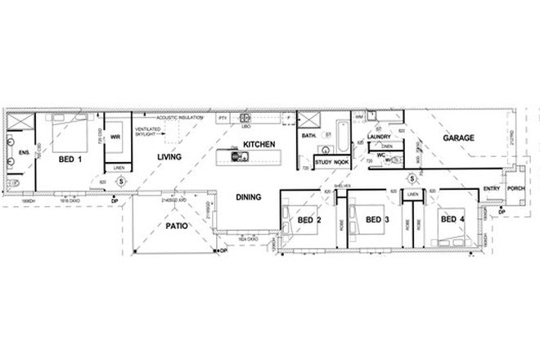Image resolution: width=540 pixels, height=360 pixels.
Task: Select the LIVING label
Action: pos(169,156)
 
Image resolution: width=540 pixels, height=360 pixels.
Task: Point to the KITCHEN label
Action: pos(257,144)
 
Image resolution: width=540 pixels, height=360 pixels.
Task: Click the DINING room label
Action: pos(248,197)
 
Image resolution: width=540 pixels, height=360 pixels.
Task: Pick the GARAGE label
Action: pos(459,138)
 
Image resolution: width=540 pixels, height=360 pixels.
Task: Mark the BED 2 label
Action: pos(308,220)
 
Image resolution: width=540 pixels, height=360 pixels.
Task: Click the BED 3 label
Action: pos(376,219)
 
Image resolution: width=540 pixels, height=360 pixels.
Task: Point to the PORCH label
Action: pos(516,189)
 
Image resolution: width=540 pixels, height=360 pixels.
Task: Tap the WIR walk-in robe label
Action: pos(116,137)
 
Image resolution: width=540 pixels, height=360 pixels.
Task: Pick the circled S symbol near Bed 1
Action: pos(121,181)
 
